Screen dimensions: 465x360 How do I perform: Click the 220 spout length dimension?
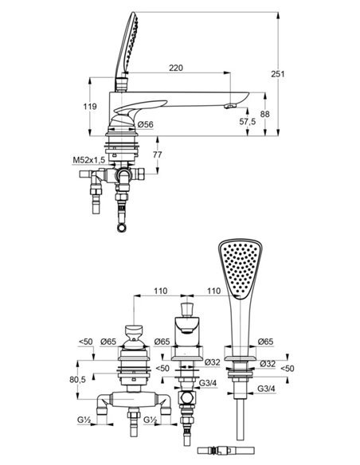(176, 68)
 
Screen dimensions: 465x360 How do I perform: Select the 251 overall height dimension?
(277, 73)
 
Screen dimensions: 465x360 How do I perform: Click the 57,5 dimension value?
(247, 121)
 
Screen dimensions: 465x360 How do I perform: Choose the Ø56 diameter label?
(145, 123)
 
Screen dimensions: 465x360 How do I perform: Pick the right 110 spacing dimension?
(213, 293)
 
